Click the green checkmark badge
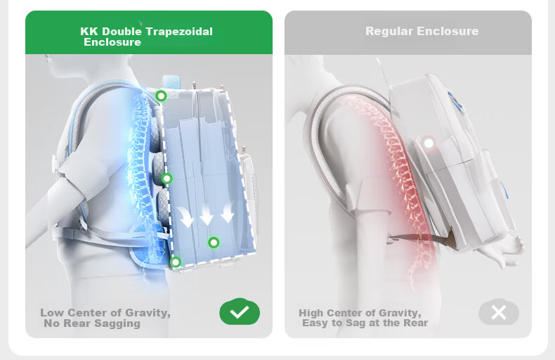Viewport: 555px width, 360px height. click(240, 311)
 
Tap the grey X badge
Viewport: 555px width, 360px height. click(499, 312)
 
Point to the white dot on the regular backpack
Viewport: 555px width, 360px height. click(429, 143)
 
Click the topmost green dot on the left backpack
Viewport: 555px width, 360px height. click(161, 96)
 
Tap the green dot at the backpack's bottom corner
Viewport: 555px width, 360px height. click(176, 262)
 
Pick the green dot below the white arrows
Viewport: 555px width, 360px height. click(214, 243)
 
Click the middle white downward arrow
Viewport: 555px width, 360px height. click(207, 214)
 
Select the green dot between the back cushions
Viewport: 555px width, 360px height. click(166, 179)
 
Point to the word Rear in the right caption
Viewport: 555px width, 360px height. click(416, 323)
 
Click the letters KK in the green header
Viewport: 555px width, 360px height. click(89, 32)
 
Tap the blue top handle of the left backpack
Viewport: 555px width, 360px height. click(171, 82)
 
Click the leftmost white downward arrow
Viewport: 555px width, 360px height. click(186, 217)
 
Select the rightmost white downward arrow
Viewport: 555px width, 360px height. click(228, 212)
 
